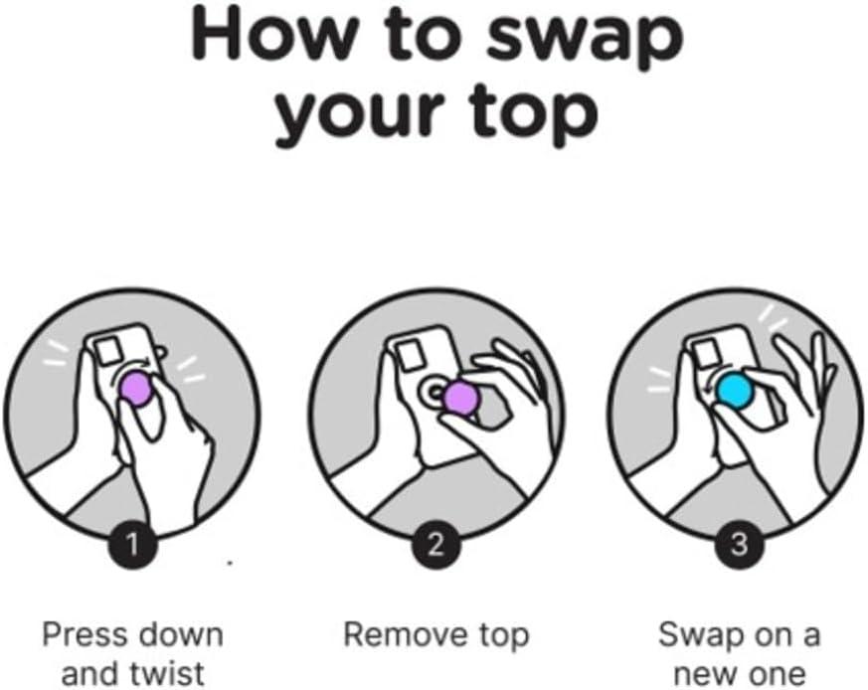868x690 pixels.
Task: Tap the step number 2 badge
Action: click(x=435, y=544)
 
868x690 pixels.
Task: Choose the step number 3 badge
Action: click(x=737, y=544)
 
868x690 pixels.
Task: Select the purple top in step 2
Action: click(x=459, y=398)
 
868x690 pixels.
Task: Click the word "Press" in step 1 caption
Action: click(x=84, y=634)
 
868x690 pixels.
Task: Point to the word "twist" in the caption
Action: click(x=167, y=672)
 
